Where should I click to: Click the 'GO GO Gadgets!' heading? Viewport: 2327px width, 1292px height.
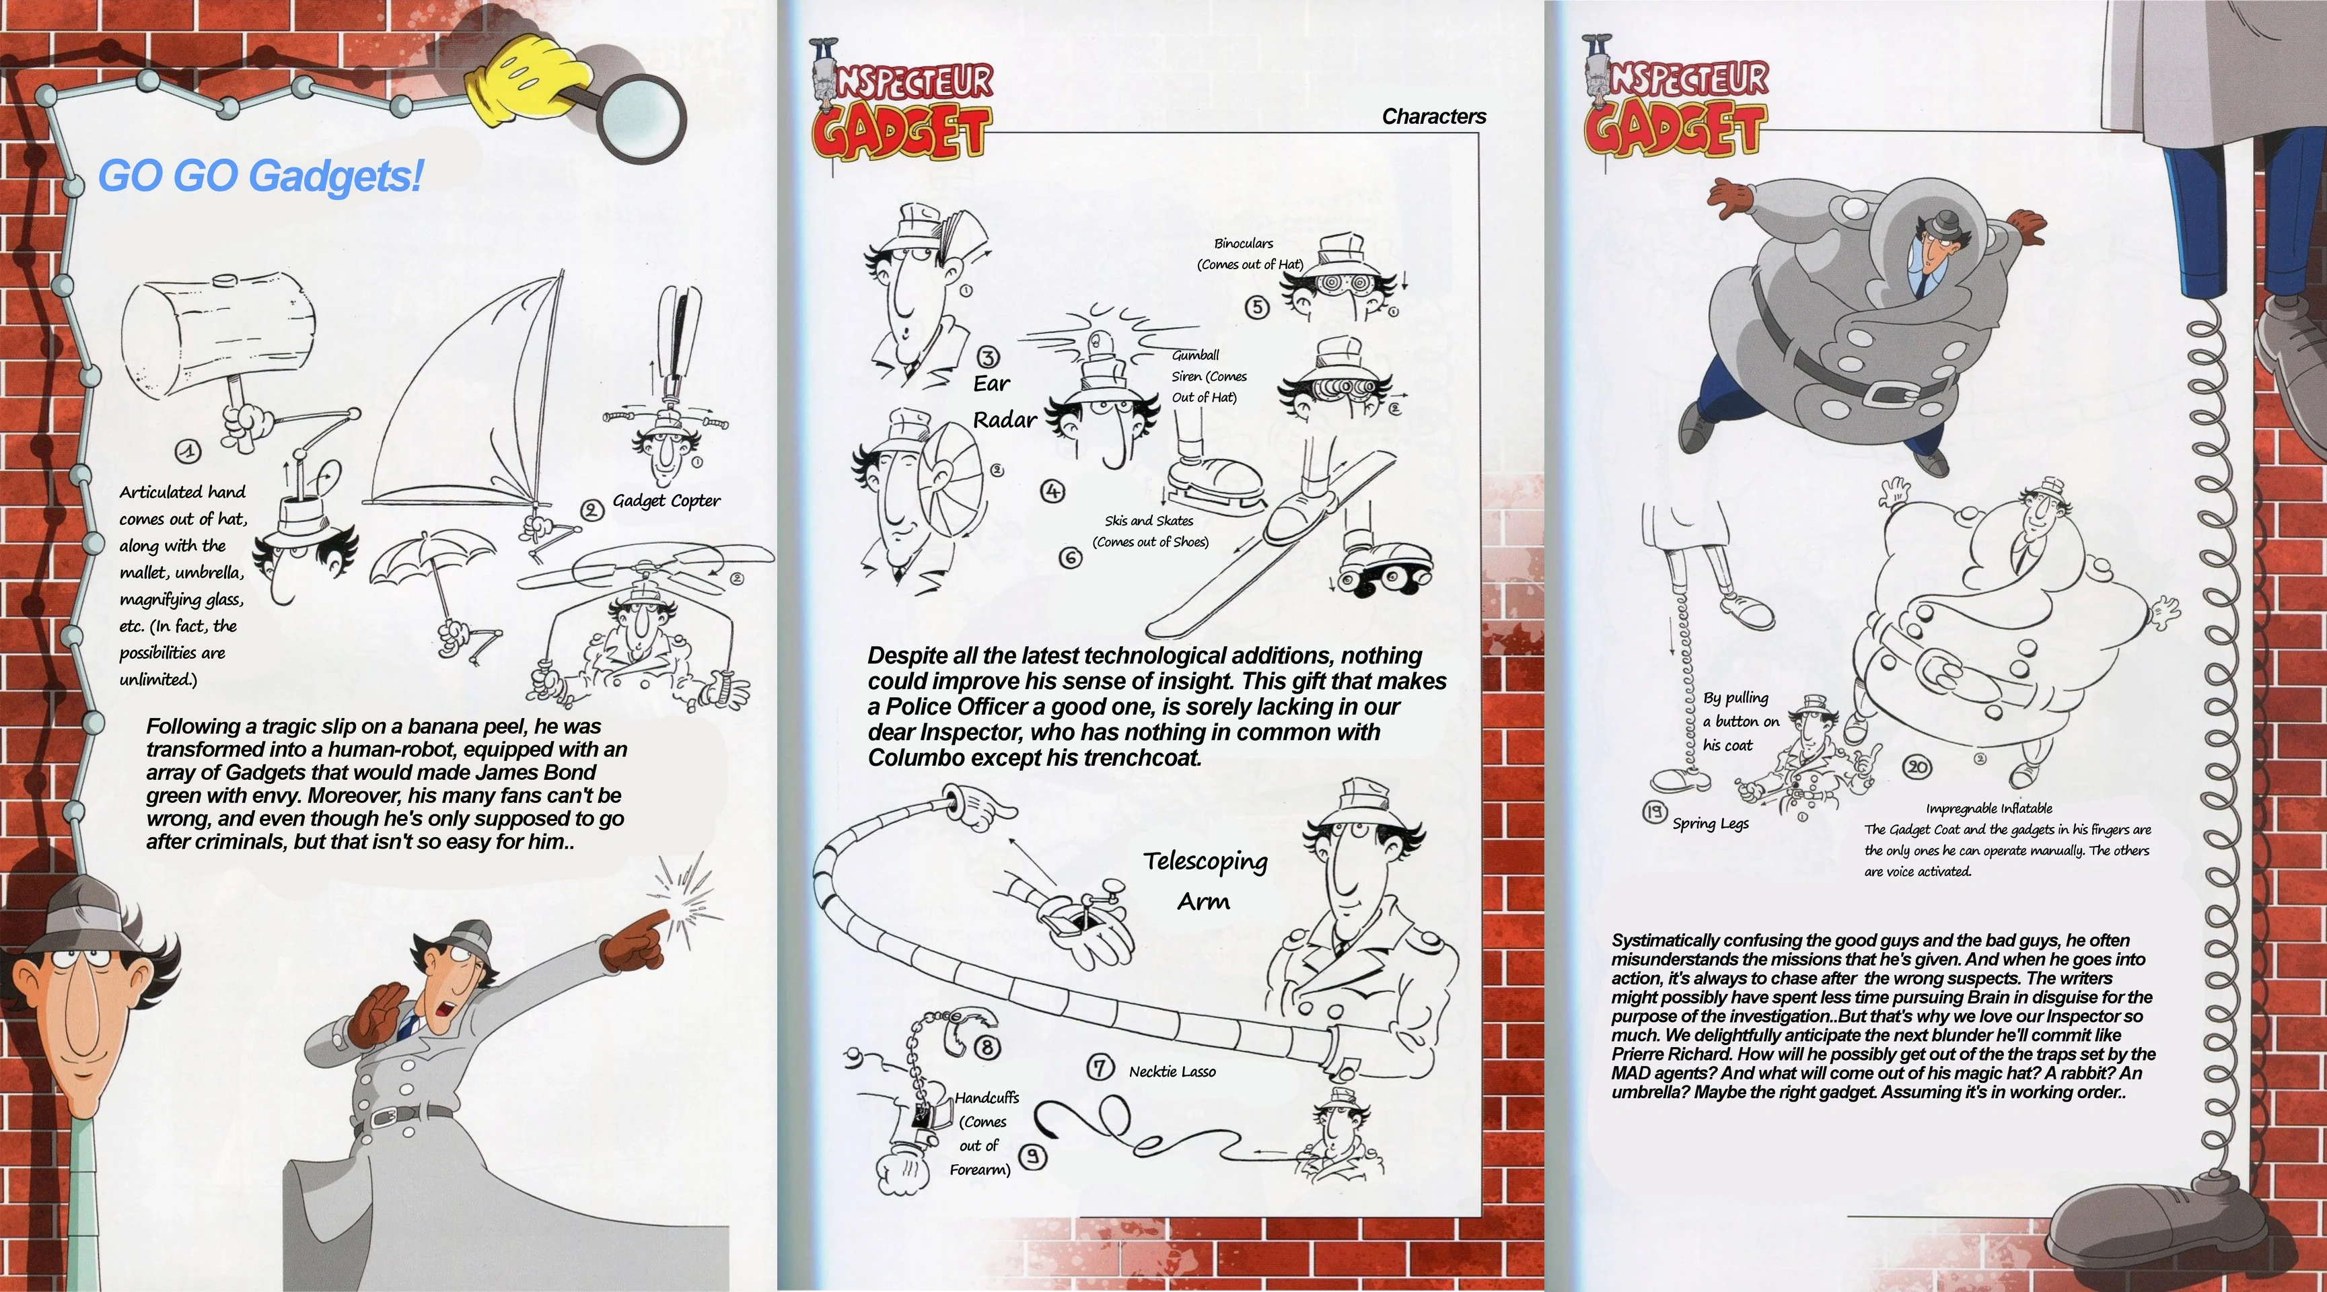260,175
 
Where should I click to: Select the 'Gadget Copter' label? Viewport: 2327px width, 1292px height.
666,501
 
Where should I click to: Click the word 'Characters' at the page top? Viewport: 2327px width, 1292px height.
1433,116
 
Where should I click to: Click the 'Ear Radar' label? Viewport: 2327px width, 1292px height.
1003,402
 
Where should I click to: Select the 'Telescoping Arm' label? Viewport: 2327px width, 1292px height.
1205,880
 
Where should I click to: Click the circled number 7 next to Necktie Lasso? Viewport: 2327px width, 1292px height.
1100,1068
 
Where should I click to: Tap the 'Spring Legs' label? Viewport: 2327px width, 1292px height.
1710,823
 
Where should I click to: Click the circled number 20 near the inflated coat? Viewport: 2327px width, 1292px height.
1917,768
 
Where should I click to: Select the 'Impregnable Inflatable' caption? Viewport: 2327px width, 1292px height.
1989,809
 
